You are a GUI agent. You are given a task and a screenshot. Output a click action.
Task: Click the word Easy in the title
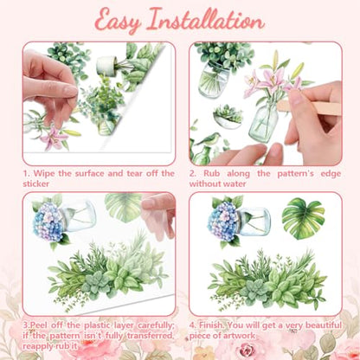(119, 22)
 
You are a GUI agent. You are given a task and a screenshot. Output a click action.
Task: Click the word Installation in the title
(205, 20)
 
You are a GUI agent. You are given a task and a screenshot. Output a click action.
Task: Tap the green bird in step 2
(208, 139)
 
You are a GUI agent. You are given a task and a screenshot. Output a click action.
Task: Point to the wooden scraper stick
(309, 106)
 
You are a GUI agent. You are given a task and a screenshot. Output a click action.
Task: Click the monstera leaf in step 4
(303, 218)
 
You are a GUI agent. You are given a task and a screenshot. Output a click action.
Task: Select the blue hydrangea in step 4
(223, 221)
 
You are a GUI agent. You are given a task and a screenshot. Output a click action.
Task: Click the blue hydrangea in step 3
(48, 222)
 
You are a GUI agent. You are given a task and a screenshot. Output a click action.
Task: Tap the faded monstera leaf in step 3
(124, 207)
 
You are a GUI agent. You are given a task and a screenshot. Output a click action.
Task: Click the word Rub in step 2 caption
(211, 173)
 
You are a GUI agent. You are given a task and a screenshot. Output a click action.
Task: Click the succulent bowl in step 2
(228, 117)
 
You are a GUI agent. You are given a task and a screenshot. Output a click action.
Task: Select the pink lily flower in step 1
(54, 138)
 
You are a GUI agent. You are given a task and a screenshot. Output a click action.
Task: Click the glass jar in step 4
(254, 222)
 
